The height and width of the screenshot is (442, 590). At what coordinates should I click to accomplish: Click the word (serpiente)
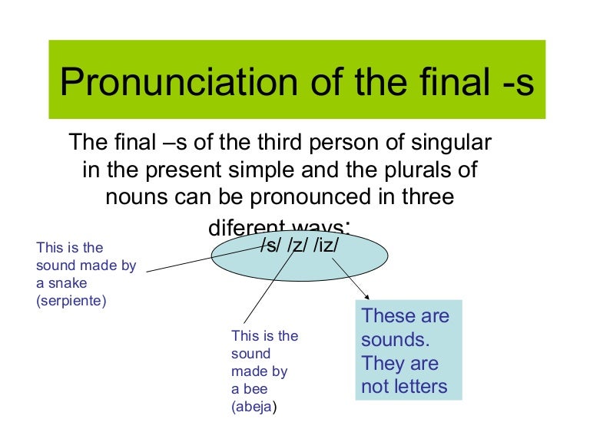click(x=71, y=301)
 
